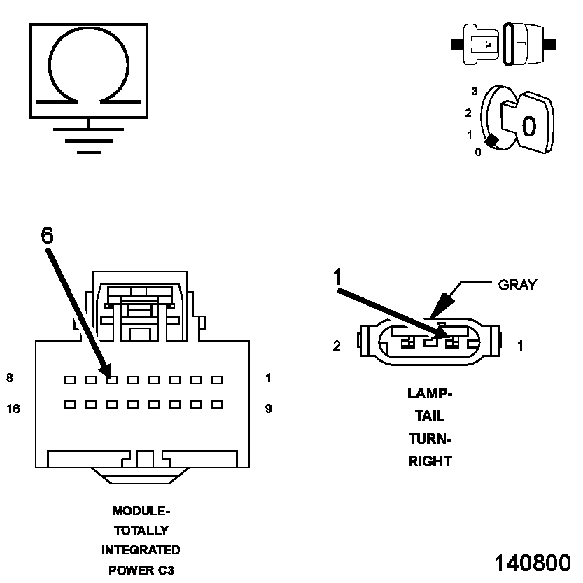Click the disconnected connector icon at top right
click(504, 43)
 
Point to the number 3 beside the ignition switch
click(474, 92)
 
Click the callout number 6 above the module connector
click(47, 236)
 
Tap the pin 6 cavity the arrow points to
click(111, 380)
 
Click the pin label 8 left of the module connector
click(10, 379)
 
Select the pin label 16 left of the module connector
click(13, 409)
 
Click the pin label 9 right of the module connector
click(268, 409)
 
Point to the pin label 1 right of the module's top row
click(268, 379)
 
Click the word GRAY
click(517, 285)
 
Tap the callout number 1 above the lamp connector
click(338, 277)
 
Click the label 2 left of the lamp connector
click(337, 346)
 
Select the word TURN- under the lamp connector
click(430, 439)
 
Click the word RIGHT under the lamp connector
click(430, 461)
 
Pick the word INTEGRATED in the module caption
click(141, 550)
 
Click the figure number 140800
click(533, 564)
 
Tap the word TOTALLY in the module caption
click(141, 531)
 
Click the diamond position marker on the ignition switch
click(492, 141)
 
